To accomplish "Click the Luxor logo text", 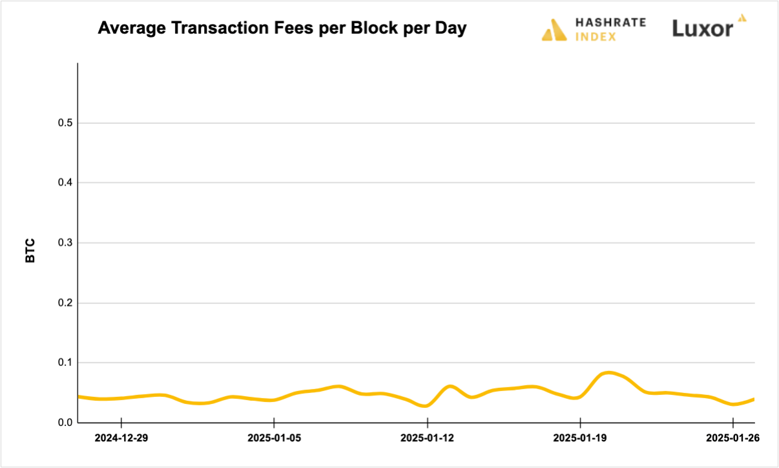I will (703, 28).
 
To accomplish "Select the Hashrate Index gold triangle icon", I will (554, 30).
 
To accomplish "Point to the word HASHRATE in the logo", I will (610, 22).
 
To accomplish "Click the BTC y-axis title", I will (30, 251).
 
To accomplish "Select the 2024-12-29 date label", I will (121, 438).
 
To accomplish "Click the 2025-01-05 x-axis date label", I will (274, 438).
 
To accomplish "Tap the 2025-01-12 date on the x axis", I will (427, 438).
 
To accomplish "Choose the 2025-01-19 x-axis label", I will (580, 438).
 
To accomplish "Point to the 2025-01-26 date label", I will (732, 438).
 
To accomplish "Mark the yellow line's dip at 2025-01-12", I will (426, 406).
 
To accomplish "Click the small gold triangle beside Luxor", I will (742, 18).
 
